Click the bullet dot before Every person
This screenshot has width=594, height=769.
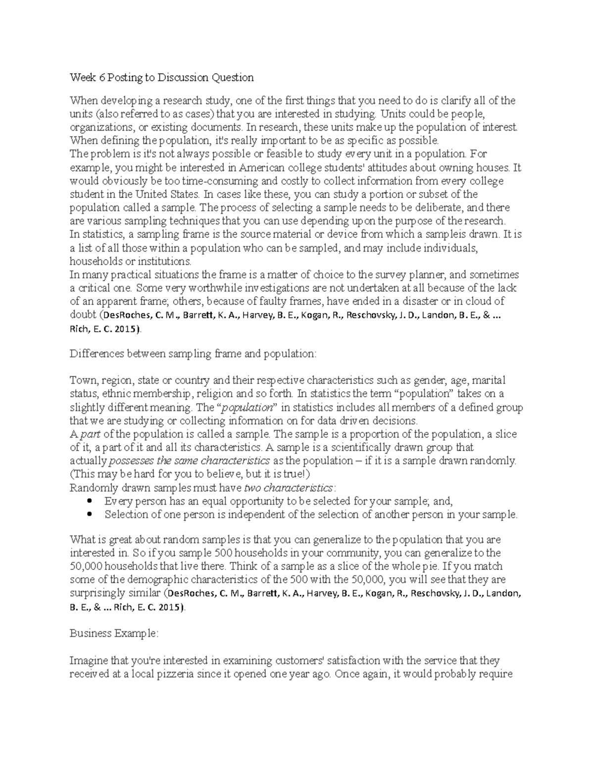[x=90, y=501]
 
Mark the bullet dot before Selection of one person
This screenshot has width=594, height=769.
[x=90, y=514]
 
